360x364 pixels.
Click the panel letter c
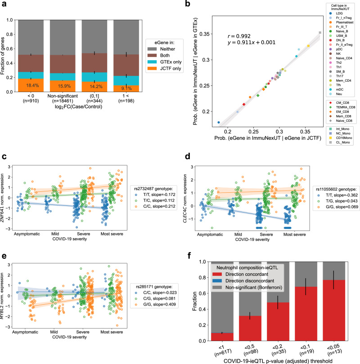pos(3,156)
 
